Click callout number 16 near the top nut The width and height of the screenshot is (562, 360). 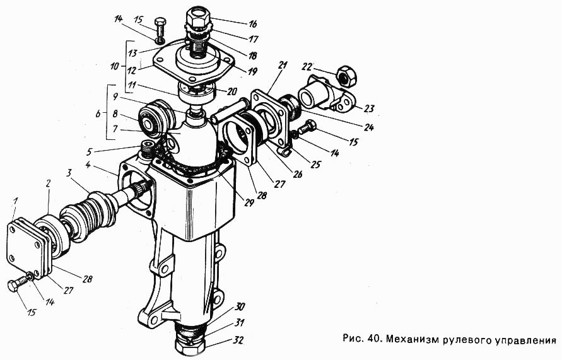(x=253, y=23)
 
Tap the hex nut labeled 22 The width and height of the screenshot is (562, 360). (x=345, y=76)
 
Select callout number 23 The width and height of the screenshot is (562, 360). (x=369, y=108)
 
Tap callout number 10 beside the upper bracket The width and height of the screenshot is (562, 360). (x=115, y=67)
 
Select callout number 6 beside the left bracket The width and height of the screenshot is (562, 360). (x=98, y=114)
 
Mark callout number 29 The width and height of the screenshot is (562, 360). (x=249, y=202)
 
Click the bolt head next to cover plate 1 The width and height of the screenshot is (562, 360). (x=14, y=285)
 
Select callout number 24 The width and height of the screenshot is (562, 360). (x=369, y=127)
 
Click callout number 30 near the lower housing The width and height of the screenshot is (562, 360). (x=240, y=307)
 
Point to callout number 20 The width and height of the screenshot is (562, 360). (x=231, y=91)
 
